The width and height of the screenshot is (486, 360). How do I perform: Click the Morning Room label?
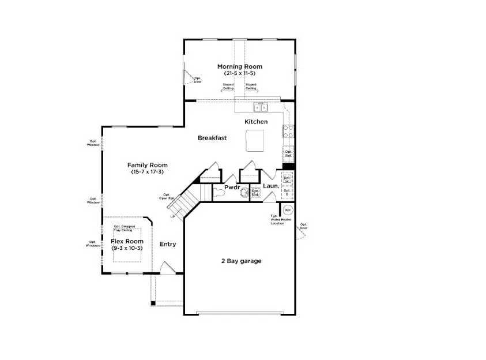pos(239,67)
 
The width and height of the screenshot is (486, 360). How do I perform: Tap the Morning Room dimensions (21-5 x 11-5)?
pos(239,74)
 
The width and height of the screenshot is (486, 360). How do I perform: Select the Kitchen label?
pos(256,122)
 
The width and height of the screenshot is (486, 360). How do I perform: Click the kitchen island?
pos(254,139)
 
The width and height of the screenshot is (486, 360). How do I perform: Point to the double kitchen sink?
pos(261,107)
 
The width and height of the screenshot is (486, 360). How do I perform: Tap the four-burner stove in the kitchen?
pos(288,132)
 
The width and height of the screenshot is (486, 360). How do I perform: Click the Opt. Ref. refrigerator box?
pos(288,154)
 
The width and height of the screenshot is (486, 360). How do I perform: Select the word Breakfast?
pos(212,138)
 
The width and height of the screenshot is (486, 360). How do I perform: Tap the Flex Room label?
pos(127,241)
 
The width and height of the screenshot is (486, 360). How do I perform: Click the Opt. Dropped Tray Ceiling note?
pos(125,228)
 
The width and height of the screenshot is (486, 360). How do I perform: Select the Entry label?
pos(168,244)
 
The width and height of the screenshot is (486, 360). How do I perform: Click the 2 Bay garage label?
pos(241,261)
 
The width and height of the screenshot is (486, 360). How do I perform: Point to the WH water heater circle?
pos(288,209)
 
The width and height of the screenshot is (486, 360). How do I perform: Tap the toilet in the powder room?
pos(244,192)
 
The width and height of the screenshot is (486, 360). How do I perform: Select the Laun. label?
pos(271,186)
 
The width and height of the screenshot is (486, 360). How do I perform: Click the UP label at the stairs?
pos(172,217)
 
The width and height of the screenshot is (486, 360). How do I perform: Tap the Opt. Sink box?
pos(255,193)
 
